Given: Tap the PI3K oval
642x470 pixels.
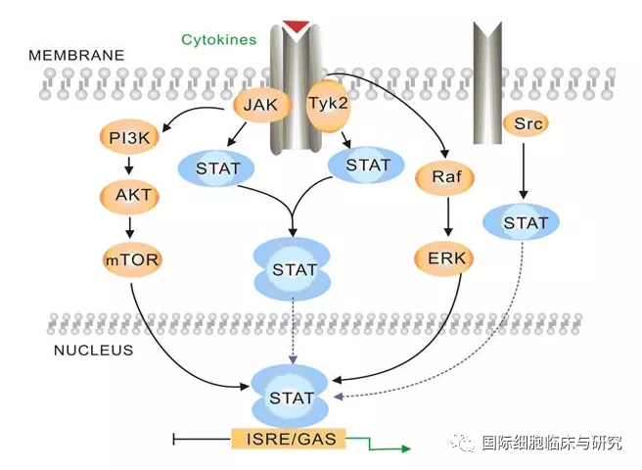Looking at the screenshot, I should click(130, 137).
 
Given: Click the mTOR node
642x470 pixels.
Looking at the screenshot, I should click(131, 259).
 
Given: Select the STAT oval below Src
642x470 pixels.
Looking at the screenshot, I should click(526, 223).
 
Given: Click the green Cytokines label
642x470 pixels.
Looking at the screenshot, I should click(218, 40).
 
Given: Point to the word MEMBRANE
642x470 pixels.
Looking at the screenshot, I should click(76, 56).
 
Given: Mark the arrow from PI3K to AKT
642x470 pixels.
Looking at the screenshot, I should click(131, 165).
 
